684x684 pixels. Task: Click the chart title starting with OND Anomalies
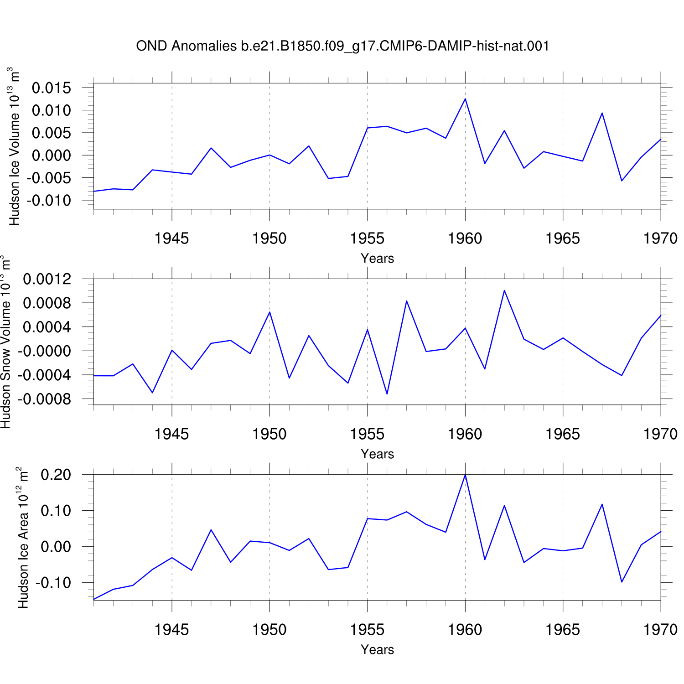coord(342,46)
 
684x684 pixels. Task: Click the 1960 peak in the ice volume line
coord(465,99)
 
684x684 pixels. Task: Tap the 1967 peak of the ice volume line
coord(602,113)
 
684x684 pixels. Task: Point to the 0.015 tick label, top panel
coord(52,88)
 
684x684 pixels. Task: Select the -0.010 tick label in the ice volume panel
coord(49,200)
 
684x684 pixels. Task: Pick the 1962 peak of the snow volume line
coord(504,290)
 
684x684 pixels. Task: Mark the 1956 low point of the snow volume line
coord(387,394)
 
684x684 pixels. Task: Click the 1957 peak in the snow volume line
coord(406,301)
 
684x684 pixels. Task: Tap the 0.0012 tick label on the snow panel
coord(47,279)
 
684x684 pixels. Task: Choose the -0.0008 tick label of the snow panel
coord(45,399)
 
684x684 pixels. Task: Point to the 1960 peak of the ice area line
coord(465,475)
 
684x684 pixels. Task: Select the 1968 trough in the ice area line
coord(622,582)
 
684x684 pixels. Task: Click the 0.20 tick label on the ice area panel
coord(56,475)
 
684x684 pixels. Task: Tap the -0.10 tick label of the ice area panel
coord(53,582)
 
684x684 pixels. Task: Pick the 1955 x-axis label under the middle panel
coord(367,434)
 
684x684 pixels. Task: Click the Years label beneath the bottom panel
coord(377,649)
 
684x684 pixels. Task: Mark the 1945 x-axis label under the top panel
coord(171,238)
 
